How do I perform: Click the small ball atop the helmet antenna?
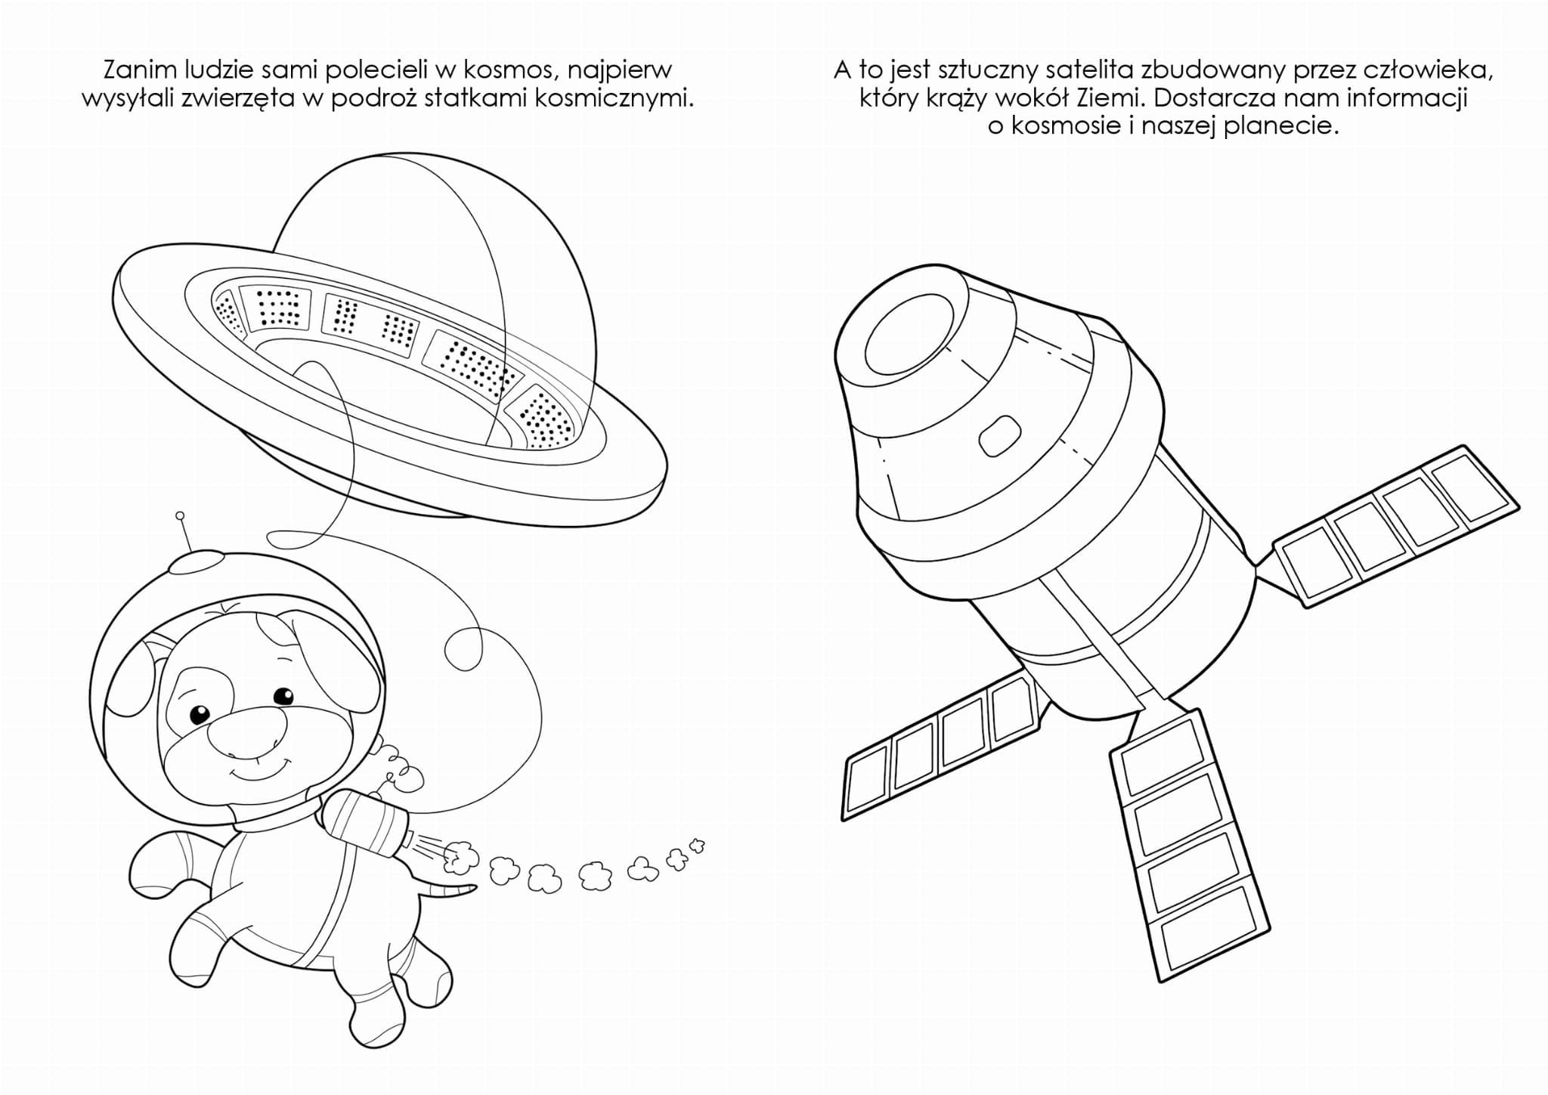click(180, 516)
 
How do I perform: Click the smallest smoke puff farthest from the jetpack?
click(697, 843)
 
